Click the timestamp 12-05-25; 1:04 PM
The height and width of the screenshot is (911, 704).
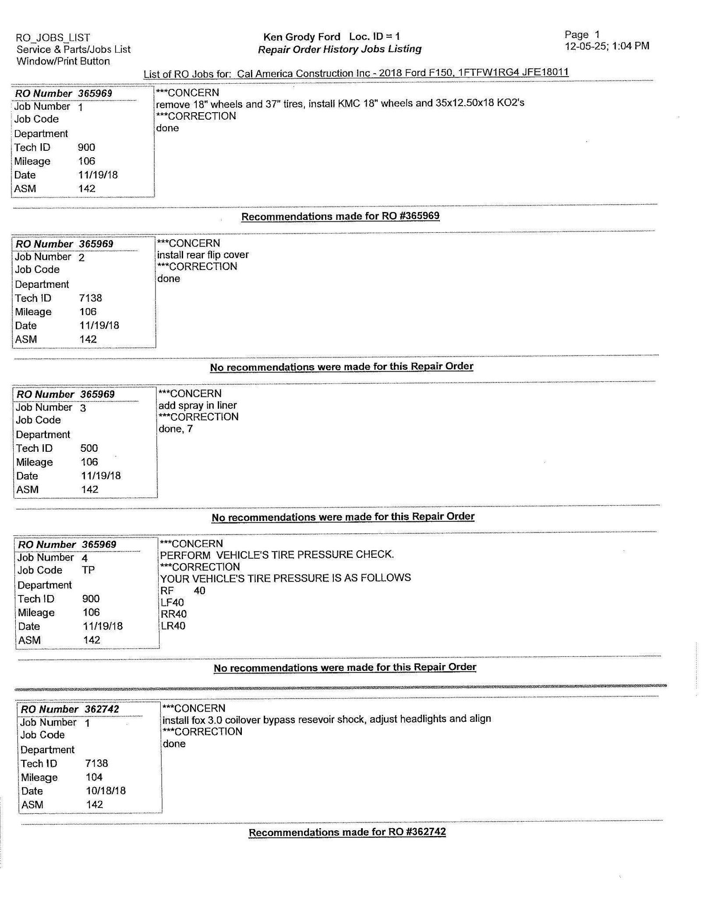coord(607,46)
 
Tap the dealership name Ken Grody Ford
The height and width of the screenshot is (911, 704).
coord(301,37)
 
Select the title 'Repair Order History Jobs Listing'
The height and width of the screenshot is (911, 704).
coord(340,49)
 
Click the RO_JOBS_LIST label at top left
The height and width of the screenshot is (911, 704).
coord(53,38)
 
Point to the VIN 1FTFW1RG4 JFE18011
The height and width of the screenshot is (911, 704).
coord(513,72)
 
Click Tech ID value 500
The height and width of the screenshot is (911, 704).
coord(89,448)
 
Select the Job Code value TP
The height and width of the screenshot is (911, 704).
coord(88,570)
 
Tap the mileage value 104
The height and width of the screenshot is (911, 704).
coord(94,777)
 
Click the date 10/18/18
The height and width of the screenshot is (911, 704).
coord(106,791)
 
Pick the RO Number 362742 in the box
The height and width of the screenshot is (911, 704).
coord(102,709)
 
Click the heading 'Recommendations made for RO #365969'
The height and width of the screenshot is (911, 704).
coord(340,216)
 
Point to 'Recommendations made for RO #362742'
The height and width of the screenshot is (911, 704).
coord(347,832)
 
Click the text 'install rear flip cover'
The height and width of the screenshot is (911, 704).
coord(203,255)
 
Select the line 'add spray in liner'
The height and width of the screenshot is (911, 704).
coord(198,405)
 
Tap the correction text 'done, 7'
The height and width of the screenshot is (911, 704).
coord(175,429)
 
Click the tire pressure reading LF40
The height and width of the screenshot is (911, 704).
coord(172,603)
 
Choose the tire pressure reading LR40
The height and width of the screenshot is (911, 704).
coord(173,626)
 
